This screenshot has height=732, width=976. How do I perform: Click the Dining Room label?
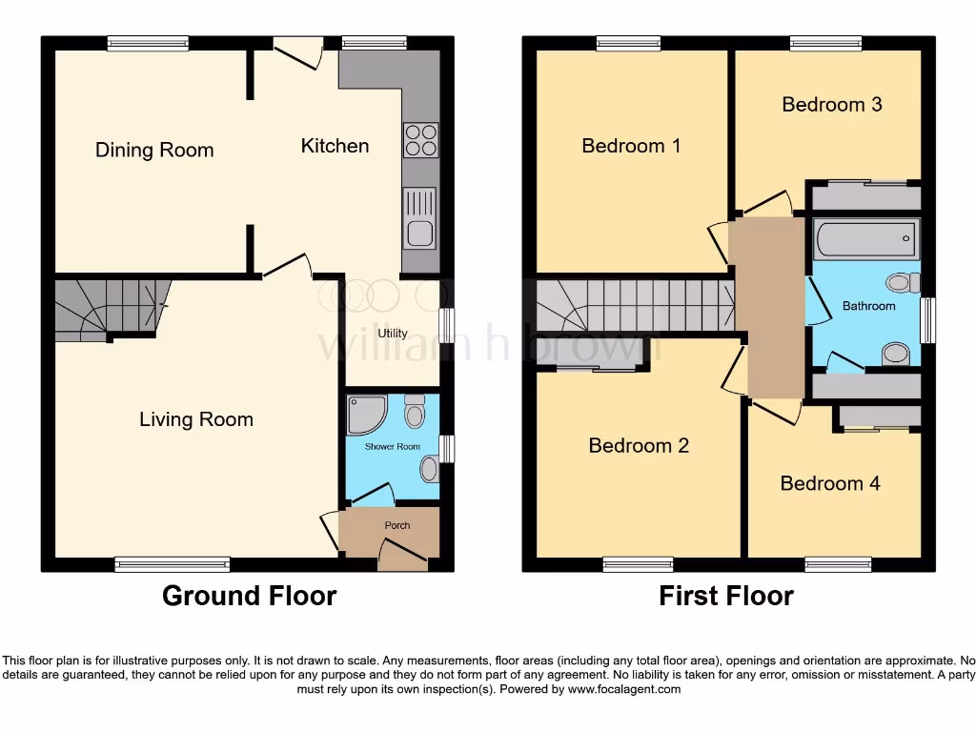pyautogui.click(x=154, y=150)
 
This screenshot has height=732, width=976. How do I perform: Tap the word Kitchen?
pyautogui.click(x=335, y=146)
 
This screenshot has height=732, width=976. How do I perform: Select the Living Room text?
pyautogui.click(x=196, y=419)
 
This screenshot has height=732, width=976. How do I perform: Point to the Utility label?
pyautogui.click(x=393, y=334)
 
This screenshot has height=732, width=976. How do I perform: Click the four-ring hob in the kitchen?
pyautogui.click(x=420, y=141)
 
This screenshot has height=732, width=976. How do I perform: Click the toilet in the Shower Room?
pyautogui.click(x=415, y=412)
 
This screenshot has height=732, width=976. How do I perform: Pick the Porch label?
pyautogui.click(x=397, y=526)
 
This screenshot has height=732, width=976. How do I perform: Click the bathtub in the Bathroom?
pyautogui.click(x=865, y=238)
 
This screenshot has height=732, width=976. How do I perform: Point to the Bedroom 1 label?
pyautogui.click(x=631, y=146)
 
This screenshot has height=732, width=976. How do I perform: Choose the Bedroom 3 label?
pyautogui.click(x=831, y=104)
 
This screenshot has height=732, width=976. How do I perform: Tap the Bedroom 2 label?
pyautogui.click(x=639, y=445)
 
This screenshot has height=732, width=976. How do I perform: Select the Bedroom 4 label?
pyautogui.click(x=829, y=483)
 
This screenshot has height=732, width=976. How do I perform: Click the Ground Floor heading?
pyautogui.click(x=249, y=596)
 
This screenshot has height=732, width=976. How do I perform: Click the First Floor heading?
pyautogui.click(x=726, y=596)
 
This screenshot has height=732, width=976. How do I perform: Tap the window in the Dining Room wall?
pyautogui.click(x=148, y=43)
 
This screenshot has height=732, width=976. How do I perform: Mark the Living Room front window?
pyautogui.click(x=173, y=564)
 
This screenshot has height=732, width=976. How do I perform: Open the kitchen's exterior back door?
pyautogui.click(x=298, y=50)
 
